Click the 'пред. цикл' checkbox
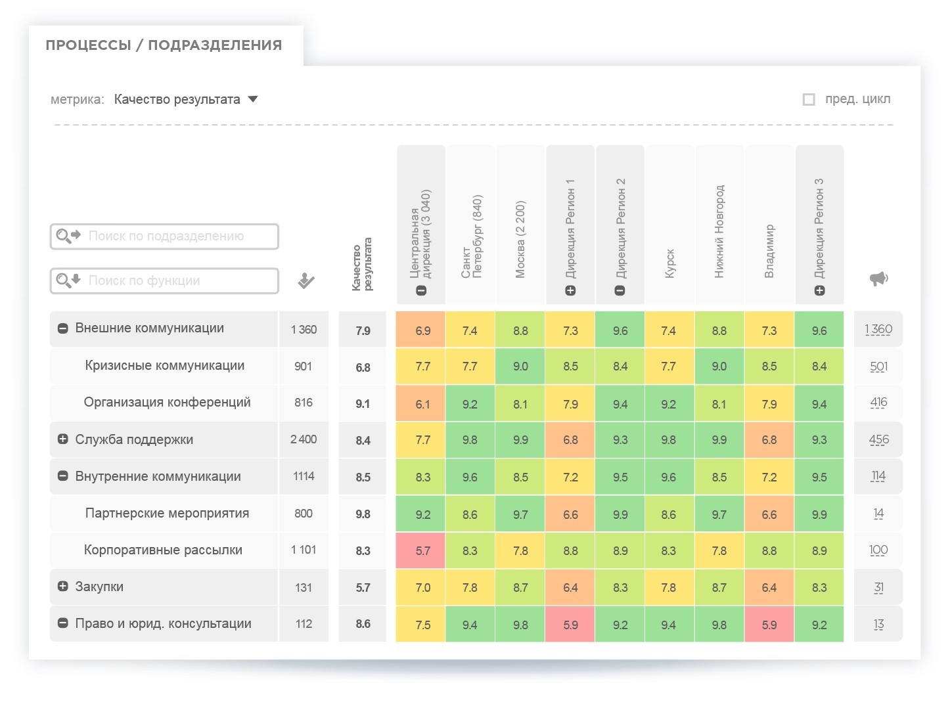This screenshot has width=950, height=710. pos(809,99)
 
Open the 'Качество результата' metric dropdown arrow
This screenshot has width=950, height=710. pos(253,99)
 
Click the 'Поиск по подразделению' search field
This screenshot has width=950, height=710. pos(165,236)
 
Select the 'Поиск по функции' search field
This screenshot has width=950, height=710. pos(165,281)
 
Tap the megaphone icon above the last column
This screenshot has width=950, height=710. pos(878,278)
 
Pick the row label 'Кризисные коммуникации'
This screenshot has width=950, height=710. pos(164,366)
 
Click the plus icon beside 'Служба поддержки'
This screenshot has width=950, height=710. pos(63,439)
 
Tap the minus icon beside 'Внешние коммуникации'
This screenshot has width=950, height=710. pos(63,328)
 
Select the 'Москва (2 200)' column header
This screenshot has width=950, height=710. pos(520,239)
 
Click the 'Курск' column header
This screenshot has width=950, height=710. pos(669,263)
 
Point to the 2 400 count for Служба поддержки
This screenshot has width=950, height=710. pos(304,439)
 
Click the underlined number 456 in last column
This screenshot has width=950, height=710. pos(878,440)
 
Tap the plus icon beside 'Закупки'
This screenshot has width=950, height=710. pos(63,586)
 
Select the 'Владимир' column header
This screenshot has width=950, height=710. pos(769,251)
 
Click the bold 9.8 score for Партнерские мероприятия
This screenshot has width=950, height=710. pos(363,514)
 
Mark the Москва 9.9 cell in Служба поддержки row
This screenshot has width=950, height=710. pos(520,440)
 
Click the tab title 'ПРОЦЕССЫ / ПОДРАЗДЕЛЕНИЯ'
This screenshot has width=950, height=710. pos(164,45)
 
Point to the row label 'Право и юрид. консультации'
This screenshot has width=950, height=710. pos(163,623)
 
